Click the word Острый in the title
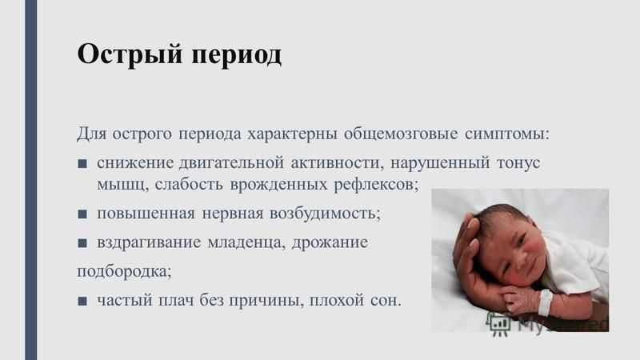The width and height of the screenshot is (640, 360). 130,54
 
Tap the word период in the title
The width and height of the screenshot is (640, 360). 236,54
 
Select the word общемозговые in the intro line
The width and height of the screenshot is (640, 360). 401,134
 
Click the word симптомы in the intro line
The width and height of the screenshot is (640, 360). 507,134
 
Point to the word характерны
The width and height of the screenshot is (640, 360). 292,134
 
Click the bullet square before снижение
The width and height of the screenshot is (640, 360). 82,164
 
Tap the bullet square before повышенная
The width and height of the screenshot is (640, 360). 82,214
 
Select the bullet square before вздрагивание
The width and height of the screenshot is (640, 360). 82,243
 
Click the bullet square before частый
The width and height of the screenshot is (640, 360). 82,302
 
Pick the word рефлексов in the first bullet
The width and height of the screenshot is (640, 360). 376,185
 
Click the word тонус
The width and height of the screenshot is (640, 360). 518,163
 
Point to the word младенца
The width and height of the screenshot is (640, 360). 246,243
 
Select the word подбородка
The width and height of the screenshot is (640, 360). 124,271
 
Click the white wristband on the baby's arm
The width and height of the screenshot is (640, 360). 546,302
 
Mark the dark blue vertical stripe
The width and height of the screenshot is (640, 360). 31,180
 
